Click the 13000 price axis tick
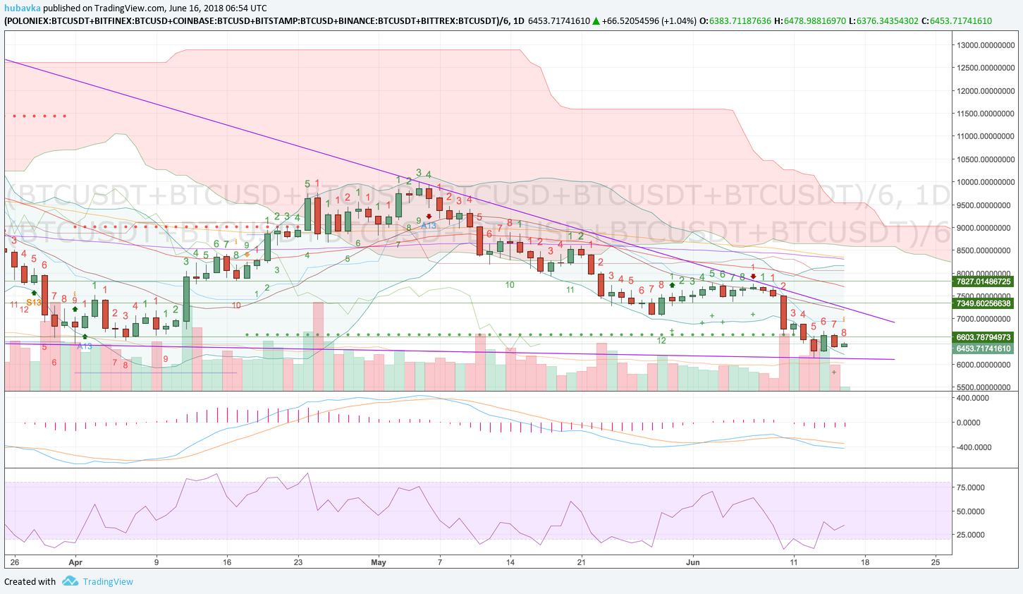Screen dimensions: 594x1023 tap(985, 45)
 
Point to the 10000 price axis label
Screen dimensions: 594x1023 tap(985, 182)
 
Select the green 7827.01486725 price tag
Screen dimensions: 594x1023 tap(983, 281)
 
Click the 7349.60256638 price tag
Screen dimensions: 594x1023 tap(983, 303)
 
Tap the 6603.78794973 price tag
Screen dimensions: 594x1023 tap(983, 337)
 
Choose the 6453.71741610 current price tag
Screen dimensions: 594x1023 tap(983, 348)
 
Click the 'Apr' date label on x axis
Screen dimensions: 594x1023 tap(75, 562)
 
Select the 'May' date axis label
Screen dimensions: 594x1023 tap(379, 562)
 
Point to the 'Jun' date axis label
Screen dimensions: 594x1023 tap(692, 562)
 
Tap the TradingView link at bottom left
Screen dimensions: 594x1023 tap(108, 582)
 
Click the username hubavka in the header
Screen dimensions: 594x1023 tap(22, 8)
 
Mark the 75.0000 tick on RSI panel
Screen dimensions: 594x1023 tap(970, 487)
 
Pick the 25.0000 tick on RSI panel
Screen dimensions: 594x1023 tap(970, 535)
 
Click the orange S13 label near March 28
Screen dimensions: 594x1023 tap(34, 303)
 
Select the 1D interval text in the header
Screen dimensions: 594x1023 tap(518, 20)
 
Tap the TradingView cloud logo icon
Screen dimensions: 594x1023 tap(70, 581)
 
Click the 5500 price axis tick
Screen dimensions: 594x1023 tap(985, 387)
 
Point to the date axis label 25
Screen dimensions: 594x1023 tap(936, 562)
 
